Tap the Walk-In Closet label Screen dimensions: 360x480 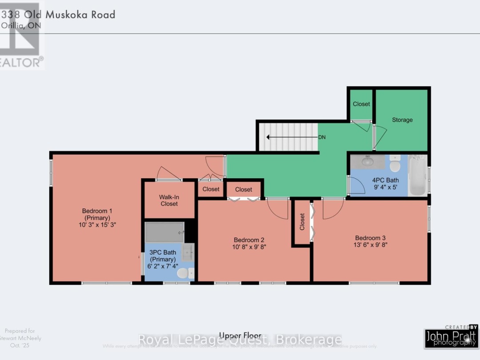[169, 200]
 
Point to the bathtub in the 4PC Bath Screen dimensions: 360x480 [417, 176]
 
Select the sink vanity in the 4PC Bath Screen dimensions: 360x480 [368, 162]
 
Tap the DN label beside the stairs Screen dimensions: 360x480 [322, 137]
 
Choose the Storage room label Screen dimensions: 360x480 [402, 120]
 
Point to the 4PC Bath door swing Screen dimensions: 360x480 [357, 185]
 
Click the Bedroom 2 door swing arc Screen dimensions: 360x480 [279, 209]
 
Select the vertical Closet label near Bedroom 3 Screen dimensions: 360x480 [302, 222]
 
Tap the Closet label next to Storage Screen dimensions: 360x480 [361, 104]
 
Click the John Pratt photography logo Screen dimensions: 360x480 [451, 337]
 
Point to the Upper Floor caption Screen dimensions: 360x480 [240, 336]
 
